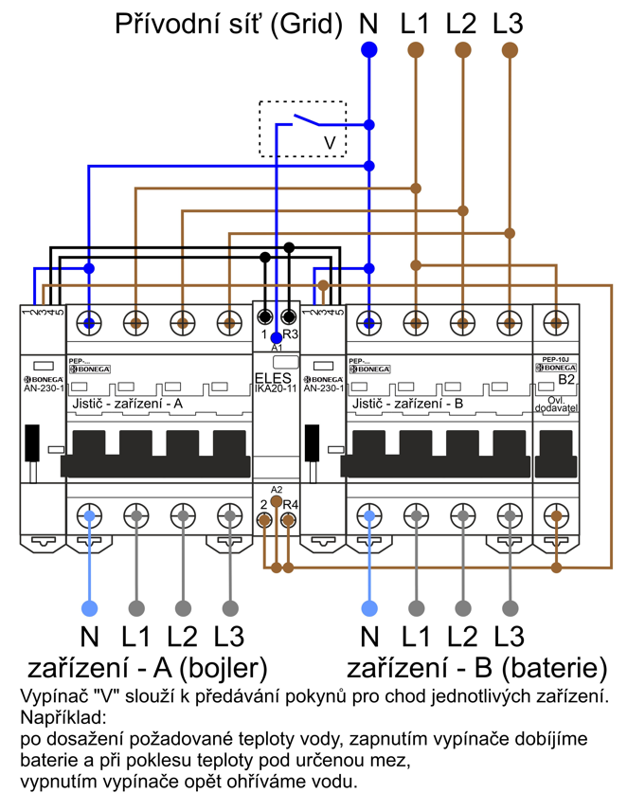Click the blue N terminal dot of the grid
coord(369,49)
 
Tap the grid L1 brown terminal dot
coord(415,49)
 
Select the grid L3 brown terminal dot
coord(510,49)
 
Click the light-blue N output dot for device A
coord(90,607)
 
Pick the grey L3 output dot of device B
coord(511,607)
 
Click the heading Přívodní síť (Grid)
coord(228,24)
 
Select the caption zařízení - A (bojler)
coord(147,667)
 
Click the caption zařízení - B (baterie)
coord(476,667)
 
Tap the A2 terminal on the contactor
coord(277,500)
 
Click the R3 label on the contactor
coord(291,335)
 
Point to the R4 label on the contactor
coord(291,505)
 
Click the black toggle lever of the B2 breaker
coord(557,453)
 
